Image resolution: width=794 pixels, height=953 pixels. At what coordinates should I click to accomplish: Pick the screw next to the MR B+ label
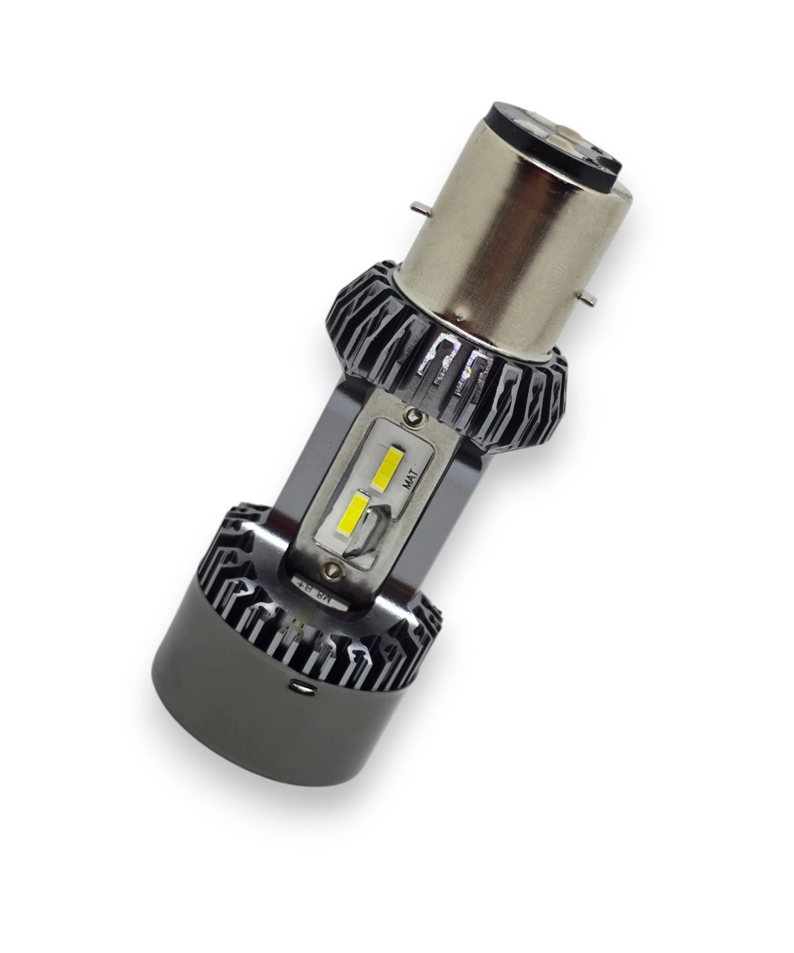click(331, 572)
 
